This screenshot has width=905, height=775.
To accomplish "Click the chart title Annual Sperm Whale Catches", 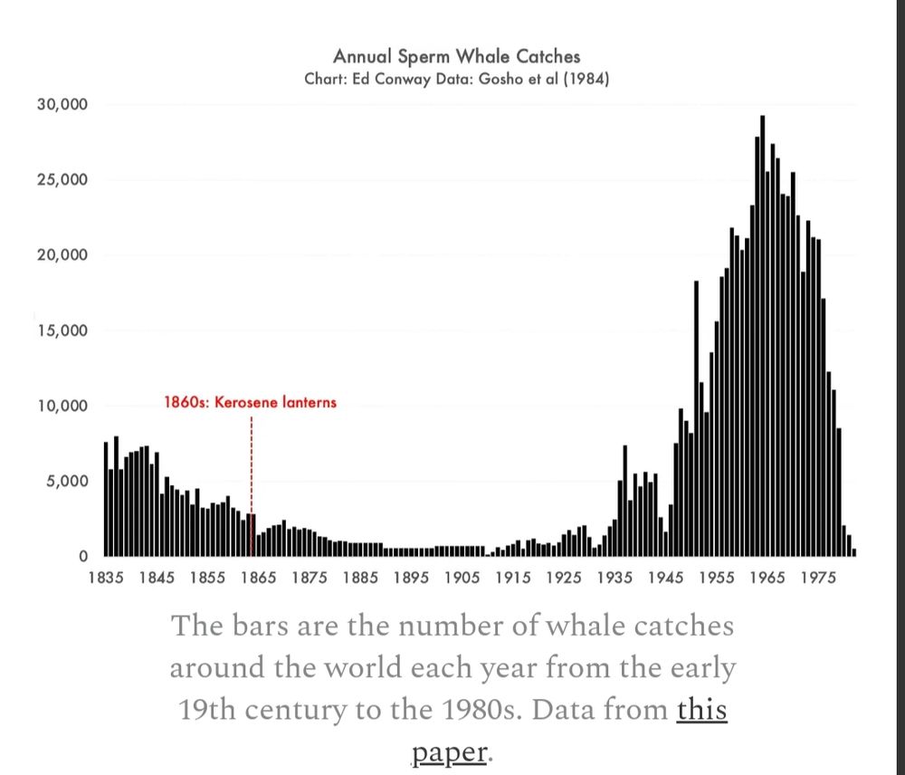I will [456, 58].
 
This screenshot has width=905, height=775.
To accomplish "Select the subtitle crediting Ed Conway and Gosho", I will [456, 79].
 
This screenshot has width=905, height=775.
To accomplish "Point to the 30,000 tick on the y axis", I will [62, 104].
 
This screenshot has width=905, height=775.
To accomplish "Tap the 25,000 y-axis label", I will [62, 179].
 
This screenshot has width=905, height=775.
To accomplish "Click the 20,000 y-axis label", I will [62, 254].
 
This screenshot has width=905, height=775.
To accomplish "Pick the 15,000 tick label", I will [62, 330].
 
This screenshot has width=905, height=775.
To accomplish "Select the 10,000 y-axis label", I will [62, 406].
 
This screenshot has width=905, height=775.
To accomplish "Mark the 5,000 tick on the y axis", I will [66, 481].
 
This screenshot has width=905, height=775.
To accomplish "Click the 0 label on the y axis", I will [82, 557].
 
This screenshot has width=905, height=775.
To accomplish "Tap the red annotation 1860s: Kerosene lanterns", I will [250, 401].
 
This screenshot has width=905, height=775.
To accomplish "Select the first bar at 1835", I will [106, 499].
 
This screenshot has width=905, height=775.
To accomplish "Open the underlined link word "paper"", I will [450, 751].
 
